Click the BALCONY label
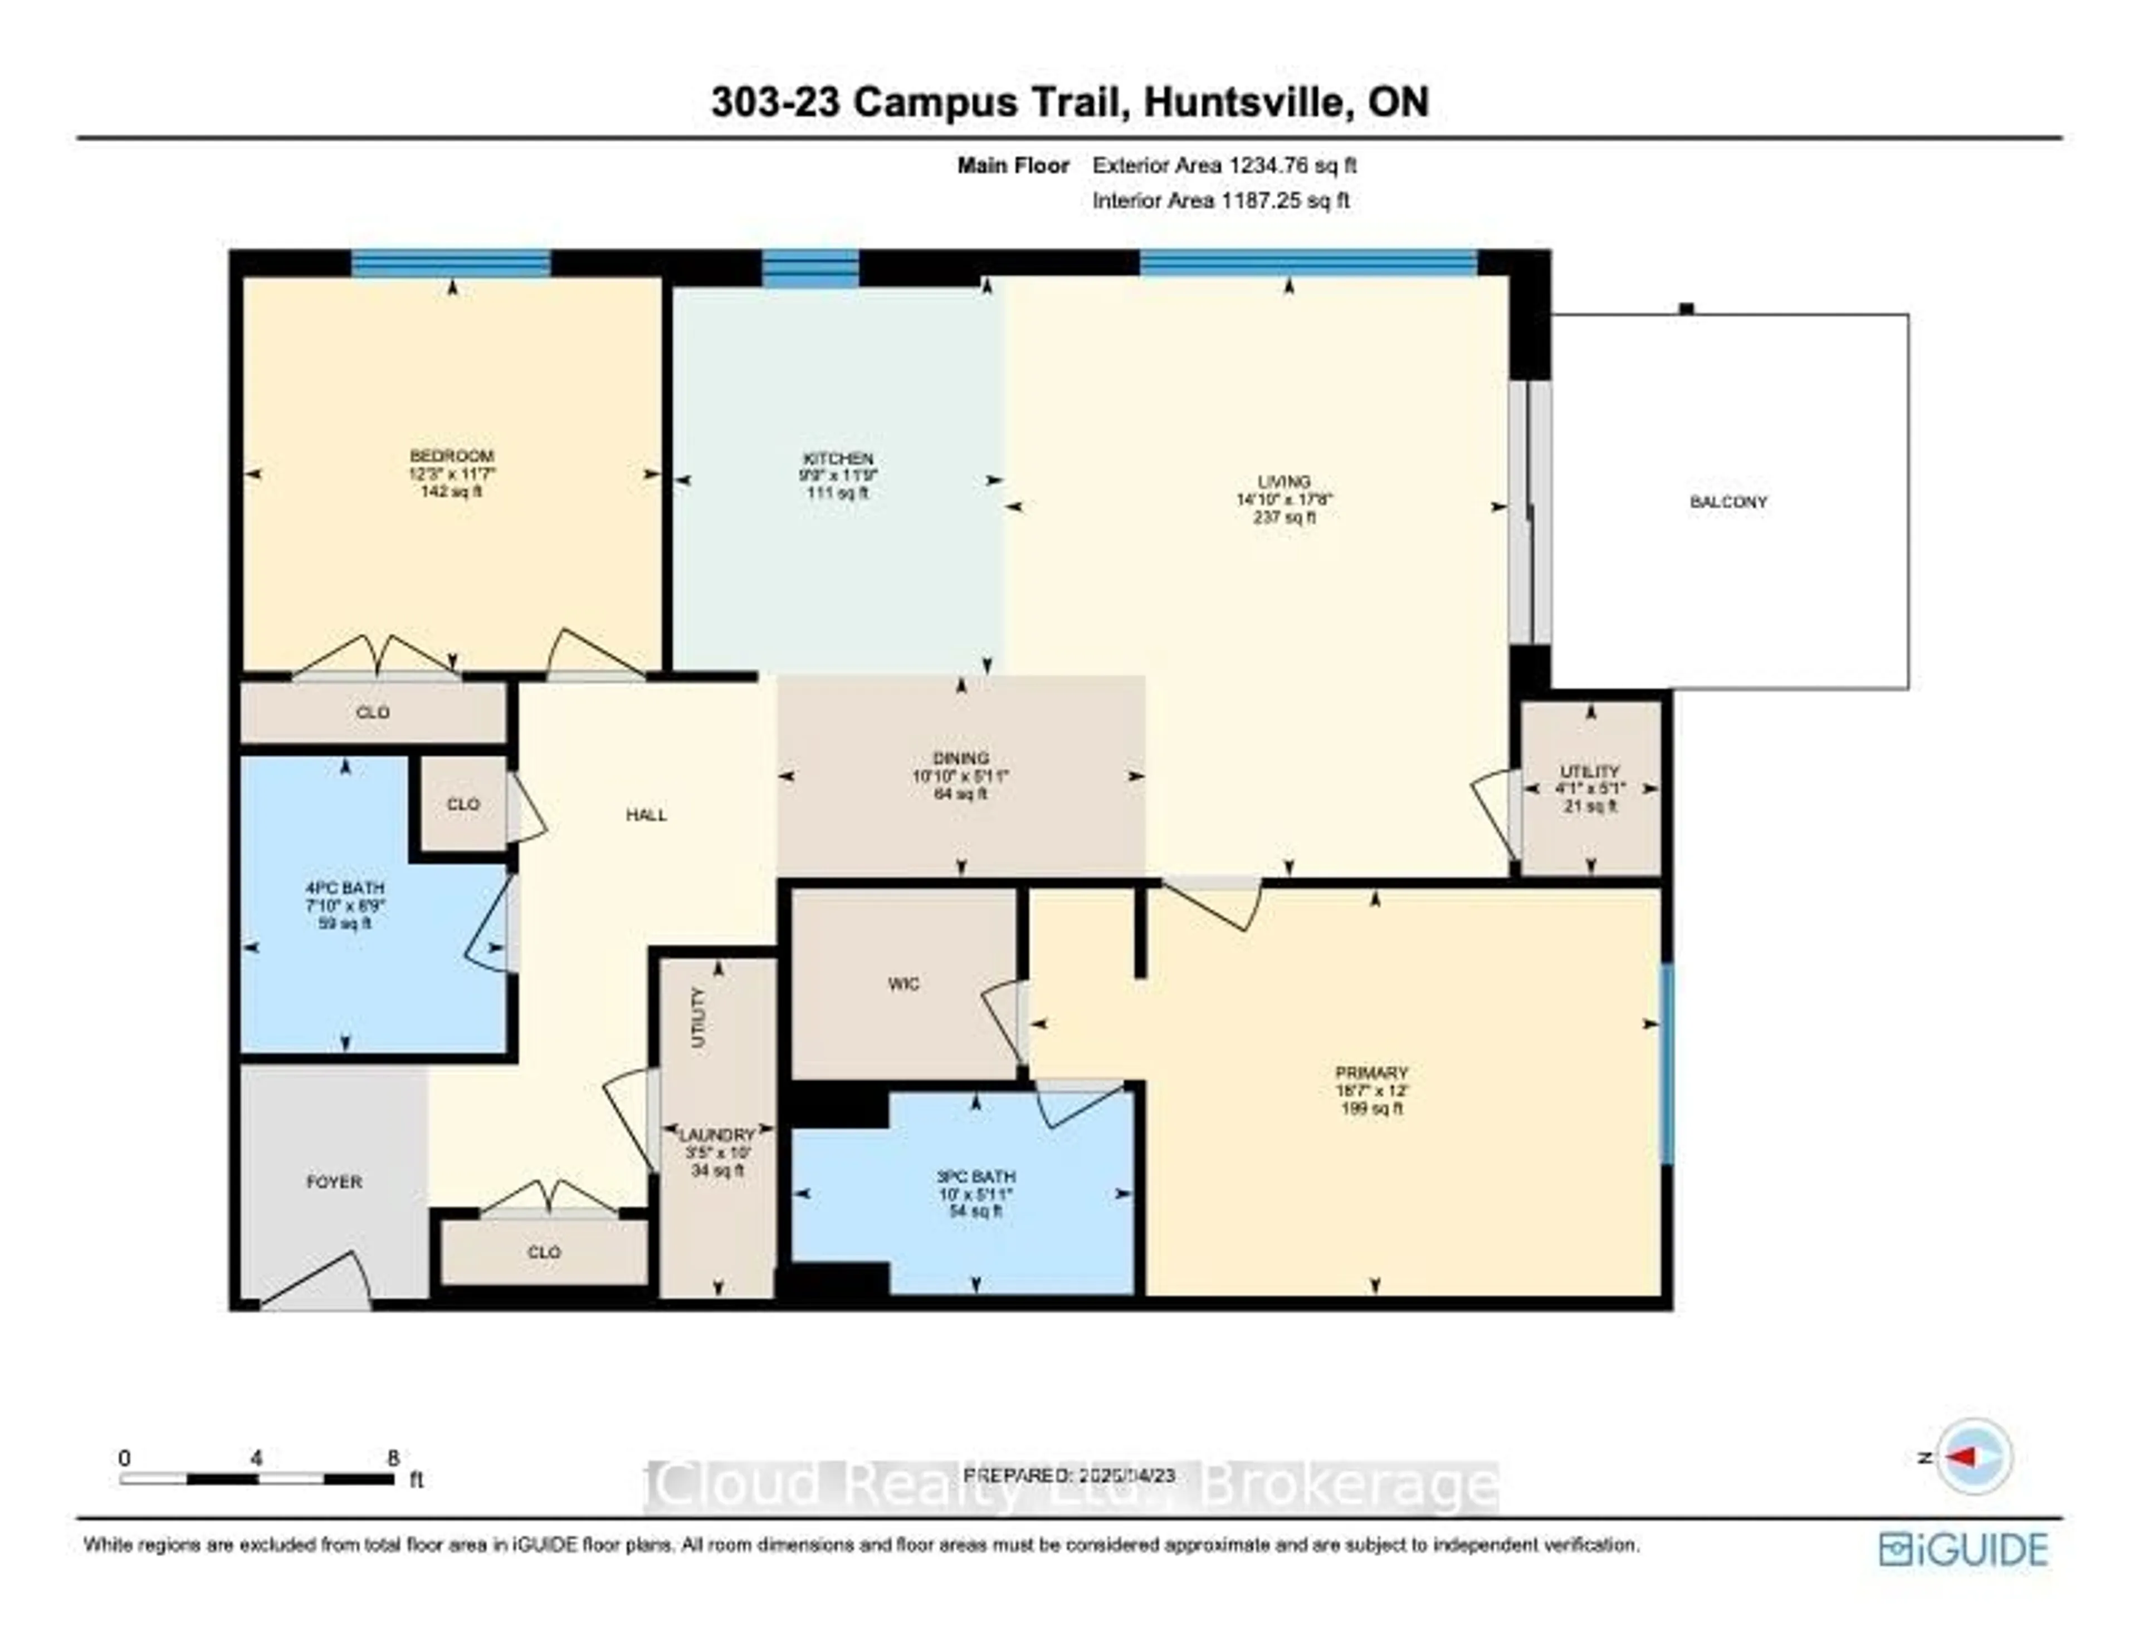(1728, 501)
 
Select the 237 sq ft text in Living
(1284, 517)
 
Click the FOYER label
(334, 1182)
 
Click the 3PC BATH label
(975, 1176)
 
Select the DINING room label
(961, 758)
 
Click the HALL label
(646, 815)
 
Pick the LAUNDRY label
(717, 1135)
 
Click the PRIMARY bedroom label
(1371, 1072)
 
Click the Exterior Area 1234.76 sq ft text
(1224, 165)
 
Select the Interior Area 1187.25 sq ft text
(1220, 201)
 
